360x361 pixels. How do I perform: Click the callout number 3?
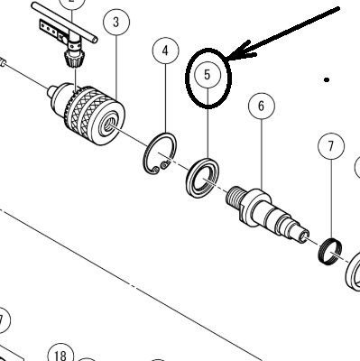(x=116, y=22)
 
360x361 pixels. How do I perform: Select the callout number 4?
(x=165, y=51)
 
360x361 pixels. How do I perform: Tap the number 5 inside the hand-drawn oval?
(x=208, y=75)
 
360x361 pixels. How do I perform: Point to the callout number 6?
(x=261, y=106)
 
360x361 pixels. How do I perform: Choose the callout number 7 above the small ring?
(x=331, y=146)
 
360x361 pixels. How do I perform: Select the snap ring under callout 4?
(x=160, y=153)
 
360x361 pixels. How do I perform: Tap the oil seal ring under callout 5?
(x=202, y=178)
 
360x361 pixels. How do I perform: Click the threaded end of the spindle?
(x=234, y=197)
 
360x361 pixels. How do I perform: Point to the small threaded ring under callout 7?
(x=329, y=251)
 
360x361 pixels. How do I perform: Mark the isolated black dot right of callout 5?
(x=327, y=79)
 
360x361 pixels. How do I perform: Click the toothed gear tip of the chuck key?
(x=71, y=59)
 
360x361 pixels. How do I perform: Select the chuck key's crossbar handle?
(x=64, y=22)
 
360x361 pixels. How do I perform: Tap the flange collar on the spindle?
(x=255, y=208)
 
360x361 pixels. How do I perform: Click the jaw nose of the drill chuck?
(x=52, y=93)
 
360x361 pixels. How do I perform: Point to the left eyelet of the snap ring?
(x=155, y=171)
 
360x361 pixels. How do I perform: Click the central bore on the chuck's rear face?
(x=108, y=124)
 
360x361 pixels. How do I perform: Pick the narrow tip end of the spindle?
(x=303, y=236)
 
